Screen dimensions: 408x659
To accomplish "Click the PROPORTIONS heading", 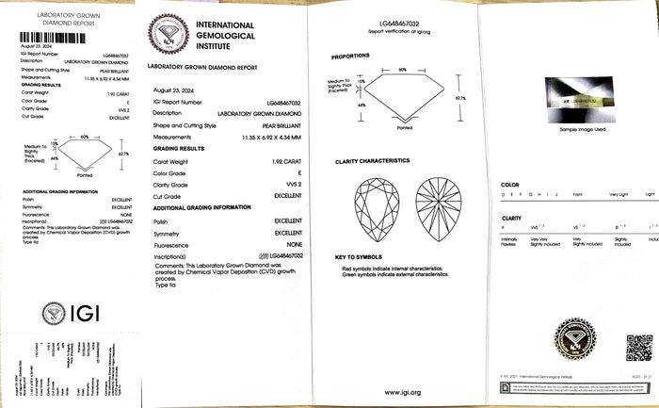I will click(350, 57).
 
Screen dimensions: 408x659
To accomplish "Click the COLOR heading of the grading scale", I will click(510, 185).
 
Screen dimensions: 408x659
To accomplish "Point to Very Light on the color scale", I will click(618, 193).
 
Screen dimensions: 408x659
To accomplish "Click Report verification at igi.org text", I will click(399, 31).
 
